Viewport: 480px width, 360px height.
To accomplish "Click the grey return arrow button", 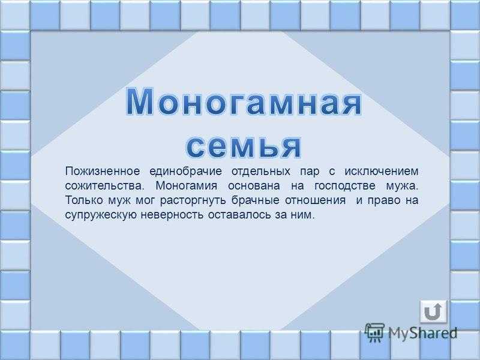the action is [x=433, y=311].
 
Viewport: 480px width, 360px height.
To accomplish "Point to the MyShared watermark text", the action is [x=423, y=333].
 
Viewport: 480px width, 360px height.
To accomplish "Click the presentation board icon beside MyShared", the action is [x=374, y=332].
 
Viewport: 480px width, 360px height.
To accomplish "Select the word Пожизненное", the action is [x=102, y=171].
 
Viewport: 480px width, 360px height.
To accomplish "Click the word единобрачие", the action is [x=185, y=171].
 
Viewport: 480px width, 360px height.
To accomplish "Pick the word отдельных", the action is [x=261, y=172].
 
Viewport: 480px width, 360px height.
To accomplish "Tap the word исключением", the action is [x=382, y=171].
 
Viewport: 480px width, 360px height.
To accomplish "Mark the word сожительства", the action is [x=104, y=186].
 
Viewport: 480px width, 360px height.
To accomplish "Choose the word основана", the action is [x=254, y=186].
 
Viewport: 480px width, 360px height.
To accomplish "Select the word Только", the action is [x=83, y=200].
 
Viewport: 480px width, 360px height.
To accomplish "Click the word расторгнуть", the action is [x=193, y=201].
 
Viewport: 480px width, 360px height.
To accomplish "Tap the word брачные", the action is [x=256, y=200].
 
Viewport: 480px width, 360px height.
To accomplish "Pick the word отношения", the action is [x=316, y=201].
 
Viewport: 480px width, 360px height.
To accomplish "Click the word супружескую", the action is [x=101, y=215].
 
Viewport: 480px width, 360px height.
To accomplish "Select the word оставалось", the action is [x=239, y=215].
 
